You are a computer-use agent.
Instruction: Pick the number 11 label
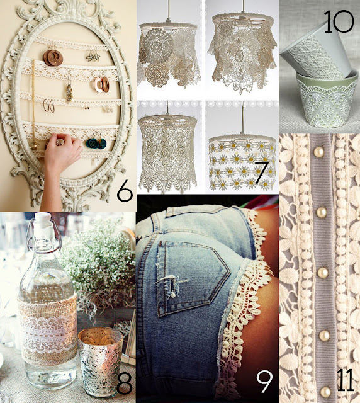click(344, 380)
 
